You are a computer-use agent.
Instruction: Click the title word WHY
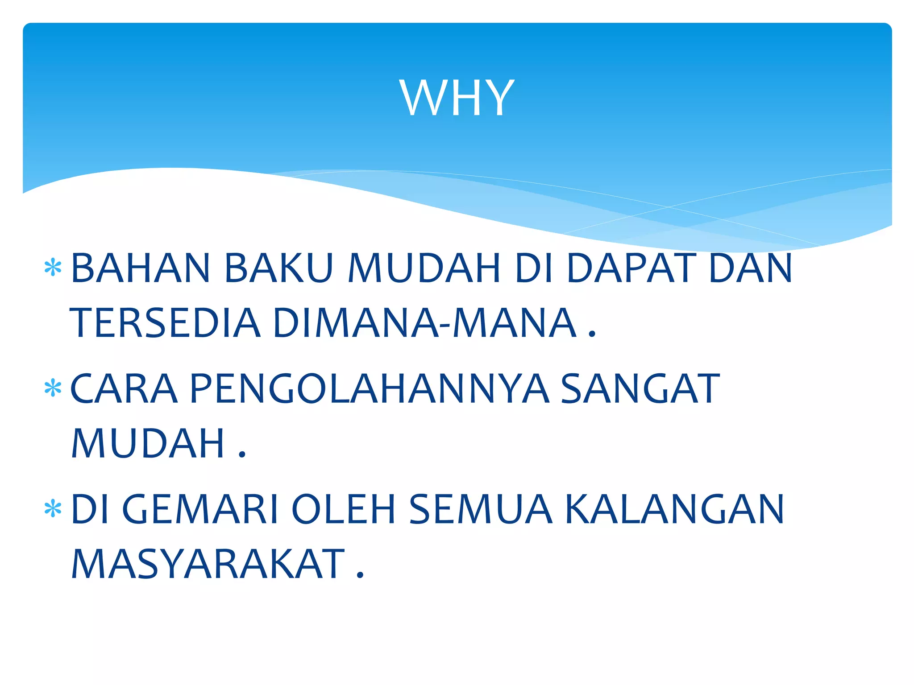click(x=457, y=98)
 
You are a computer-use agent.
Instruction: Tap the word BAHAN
click(x=141, y=268)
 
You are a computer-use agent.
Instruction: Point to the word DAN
click(x=751, y=268)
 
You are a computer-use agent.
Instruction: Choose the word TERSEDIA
click(x=165, y=322)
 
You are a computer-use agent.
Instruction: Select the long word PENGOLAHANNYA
click(x=369, y=389)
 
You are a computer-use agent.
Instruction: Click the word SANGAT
click(x=640, y=389)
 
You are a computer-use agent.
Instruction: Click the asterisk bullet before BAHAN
click(x=53, y=268)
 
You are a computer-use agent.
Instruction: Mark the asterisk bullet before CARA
click(x=53, y=388)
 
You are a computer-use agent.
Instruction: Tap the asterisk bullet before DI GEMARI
click(x=53, y=508)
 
